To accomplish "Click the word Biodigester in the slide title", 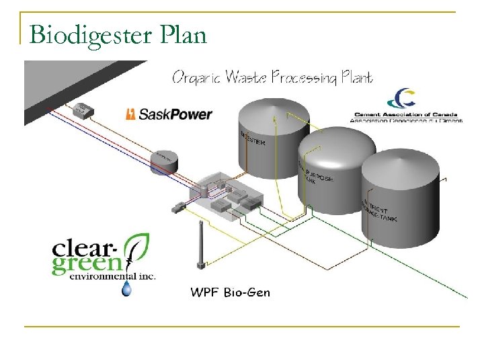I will pos(91,34).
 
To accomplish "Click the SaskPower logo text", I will pos(175,114).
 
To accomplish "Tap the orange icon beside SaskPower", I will pos(131,114).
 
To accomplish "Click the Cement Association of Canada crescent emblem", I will pos(405,99).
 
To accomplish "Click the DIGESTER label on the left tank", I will pos(252,138).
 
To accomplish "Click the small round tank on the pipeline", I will pos(164,160).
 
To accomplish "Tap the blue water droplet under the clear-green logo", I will pos(126,288).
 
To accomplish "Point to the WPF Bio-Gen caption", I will pos(231,292).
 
